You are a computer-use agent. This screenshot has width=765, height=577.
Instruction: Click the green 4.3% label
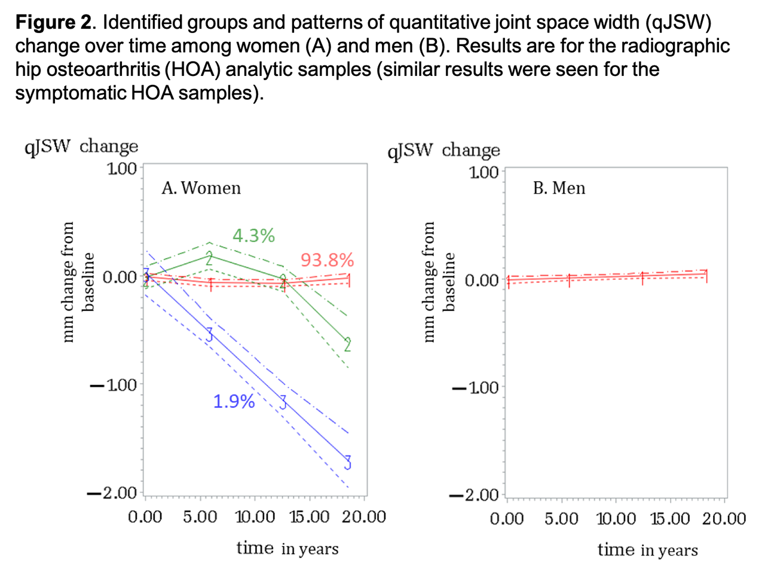253,236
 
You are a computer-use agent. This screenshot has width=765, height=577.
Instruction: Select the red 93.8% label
327,260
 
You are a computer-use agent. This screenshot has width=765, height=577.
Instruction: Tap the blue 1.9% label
234,401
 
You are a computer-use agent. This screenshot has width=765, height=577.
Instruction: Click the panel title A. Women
201,188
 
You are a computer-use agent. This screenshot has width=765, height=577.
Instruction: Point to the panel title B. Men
559,188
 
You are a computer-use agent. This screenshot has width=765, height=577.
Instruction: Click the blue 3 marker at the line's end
347,462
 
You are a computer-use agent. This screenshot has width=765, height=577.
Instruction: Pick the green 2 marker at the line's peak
209,258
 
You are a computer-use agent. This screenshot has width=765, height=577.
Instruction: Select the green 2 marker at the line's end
347,344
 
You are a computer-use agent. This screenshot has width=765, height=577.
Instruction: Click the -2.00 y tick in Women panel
112,493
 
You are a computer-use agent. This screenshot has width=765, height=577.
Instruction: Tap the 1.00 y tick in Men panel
484,172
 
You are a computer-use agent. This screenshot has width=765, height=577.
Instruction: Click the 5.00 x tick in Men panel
561,518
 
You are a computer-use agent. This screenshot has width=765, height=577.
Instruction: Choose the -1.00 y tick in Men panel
476,387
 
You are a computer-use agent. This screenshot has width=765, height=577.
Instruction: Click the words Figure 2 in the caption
54,23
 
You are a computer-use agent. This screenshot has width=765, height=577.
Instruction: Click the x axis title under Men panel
647,550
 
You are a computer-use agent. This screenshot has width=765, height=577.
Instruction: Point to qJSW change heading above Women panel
81,146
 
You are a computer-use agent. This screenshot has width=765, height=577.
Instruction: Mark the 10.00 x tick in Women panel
255,517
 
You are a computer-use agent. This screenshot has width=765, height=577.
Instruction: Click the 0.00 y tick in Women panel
120,277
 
